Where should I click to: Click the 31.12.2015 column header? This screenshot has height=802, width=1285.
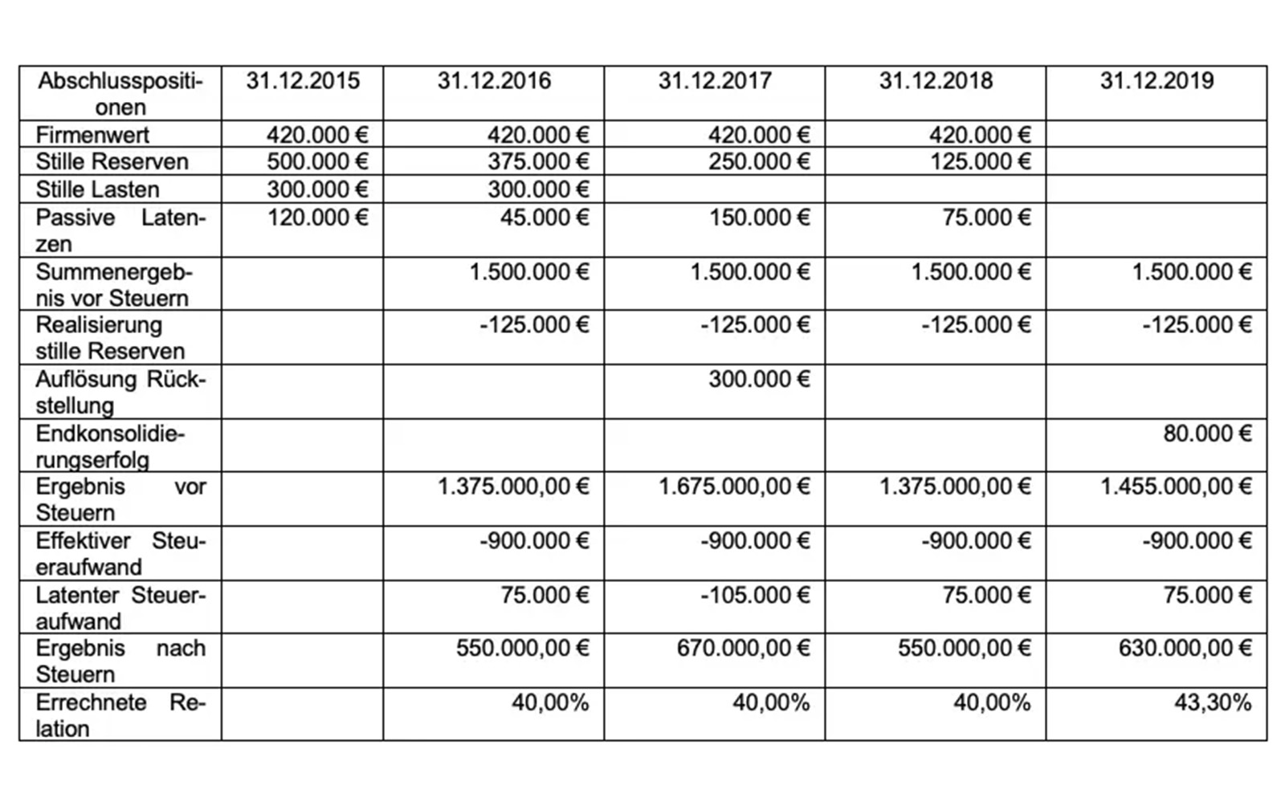(x=303, y=81)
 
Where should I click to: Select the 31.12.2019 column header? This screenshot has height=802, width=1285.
(x=1156, y=81)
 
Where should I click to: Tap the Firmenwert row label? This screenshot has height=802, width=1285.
(x=92, y=135)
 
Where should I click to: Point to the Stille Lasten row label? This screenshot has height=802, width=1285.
(x=97, y=189)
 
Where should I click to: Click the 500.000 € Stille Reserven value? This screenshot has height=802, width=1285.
(x=317, y=161)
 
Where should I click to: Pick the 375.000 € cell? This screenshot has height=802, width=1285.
(x=538, y=161)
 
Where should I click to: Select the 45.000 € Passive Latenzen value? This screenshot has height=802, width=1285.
(x=544, y=218)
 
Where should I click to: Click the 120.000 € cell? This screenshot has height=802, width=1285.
(x=317, y=218)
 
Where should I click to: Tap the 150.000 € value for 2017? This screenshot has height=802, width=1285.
(x=759, y=218)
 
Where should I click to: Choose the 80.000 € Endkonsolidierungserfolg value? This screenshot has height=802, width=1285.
(x=1207, y=434)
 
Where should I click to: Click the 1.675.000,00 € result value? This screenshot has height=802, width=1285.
(x=734, y=486)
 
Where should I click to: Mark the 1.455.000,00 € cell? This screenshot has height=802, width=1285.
(x=1176, y=486)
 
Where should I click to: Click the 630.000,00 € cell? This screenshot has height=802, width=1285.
(x=1185, y=648)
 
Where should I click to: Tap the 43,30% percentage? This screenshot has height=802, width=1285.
(x=1213, y=703)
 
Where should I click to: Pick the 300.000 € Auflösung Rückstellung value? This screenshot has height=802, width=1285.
(x=759, y=379)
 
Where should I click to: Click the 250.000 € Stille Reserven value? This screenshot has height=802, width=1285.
(x=759, y=161)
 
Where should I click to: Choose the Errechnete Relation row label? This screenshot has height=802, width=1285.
(x=120, y=715)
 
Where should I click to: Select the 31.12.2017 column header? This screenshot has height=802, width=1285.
(x=715, y=81)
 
